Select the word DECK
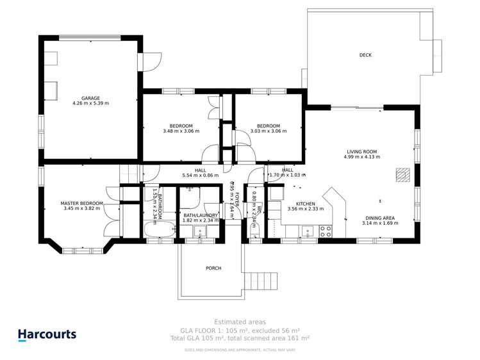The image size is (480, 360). coord(365,55)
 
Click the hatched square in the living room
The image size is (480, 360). coord(402,174)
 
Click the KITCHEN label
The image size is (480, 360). coord(305,203)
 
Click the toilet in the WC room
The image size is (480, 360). coord(255,232)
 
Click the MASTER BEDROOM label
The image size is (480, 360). coord(81,203)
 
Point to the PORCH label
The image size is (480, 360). coord(213,268)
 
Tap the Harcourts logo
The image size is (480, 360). coord(47,334)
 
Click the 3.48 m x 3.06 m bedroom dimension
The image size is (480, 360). coord(181,131)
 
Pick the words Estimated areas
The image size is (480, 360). coord(240,322)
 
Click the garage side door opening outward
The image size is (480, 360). coord(149,61)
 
